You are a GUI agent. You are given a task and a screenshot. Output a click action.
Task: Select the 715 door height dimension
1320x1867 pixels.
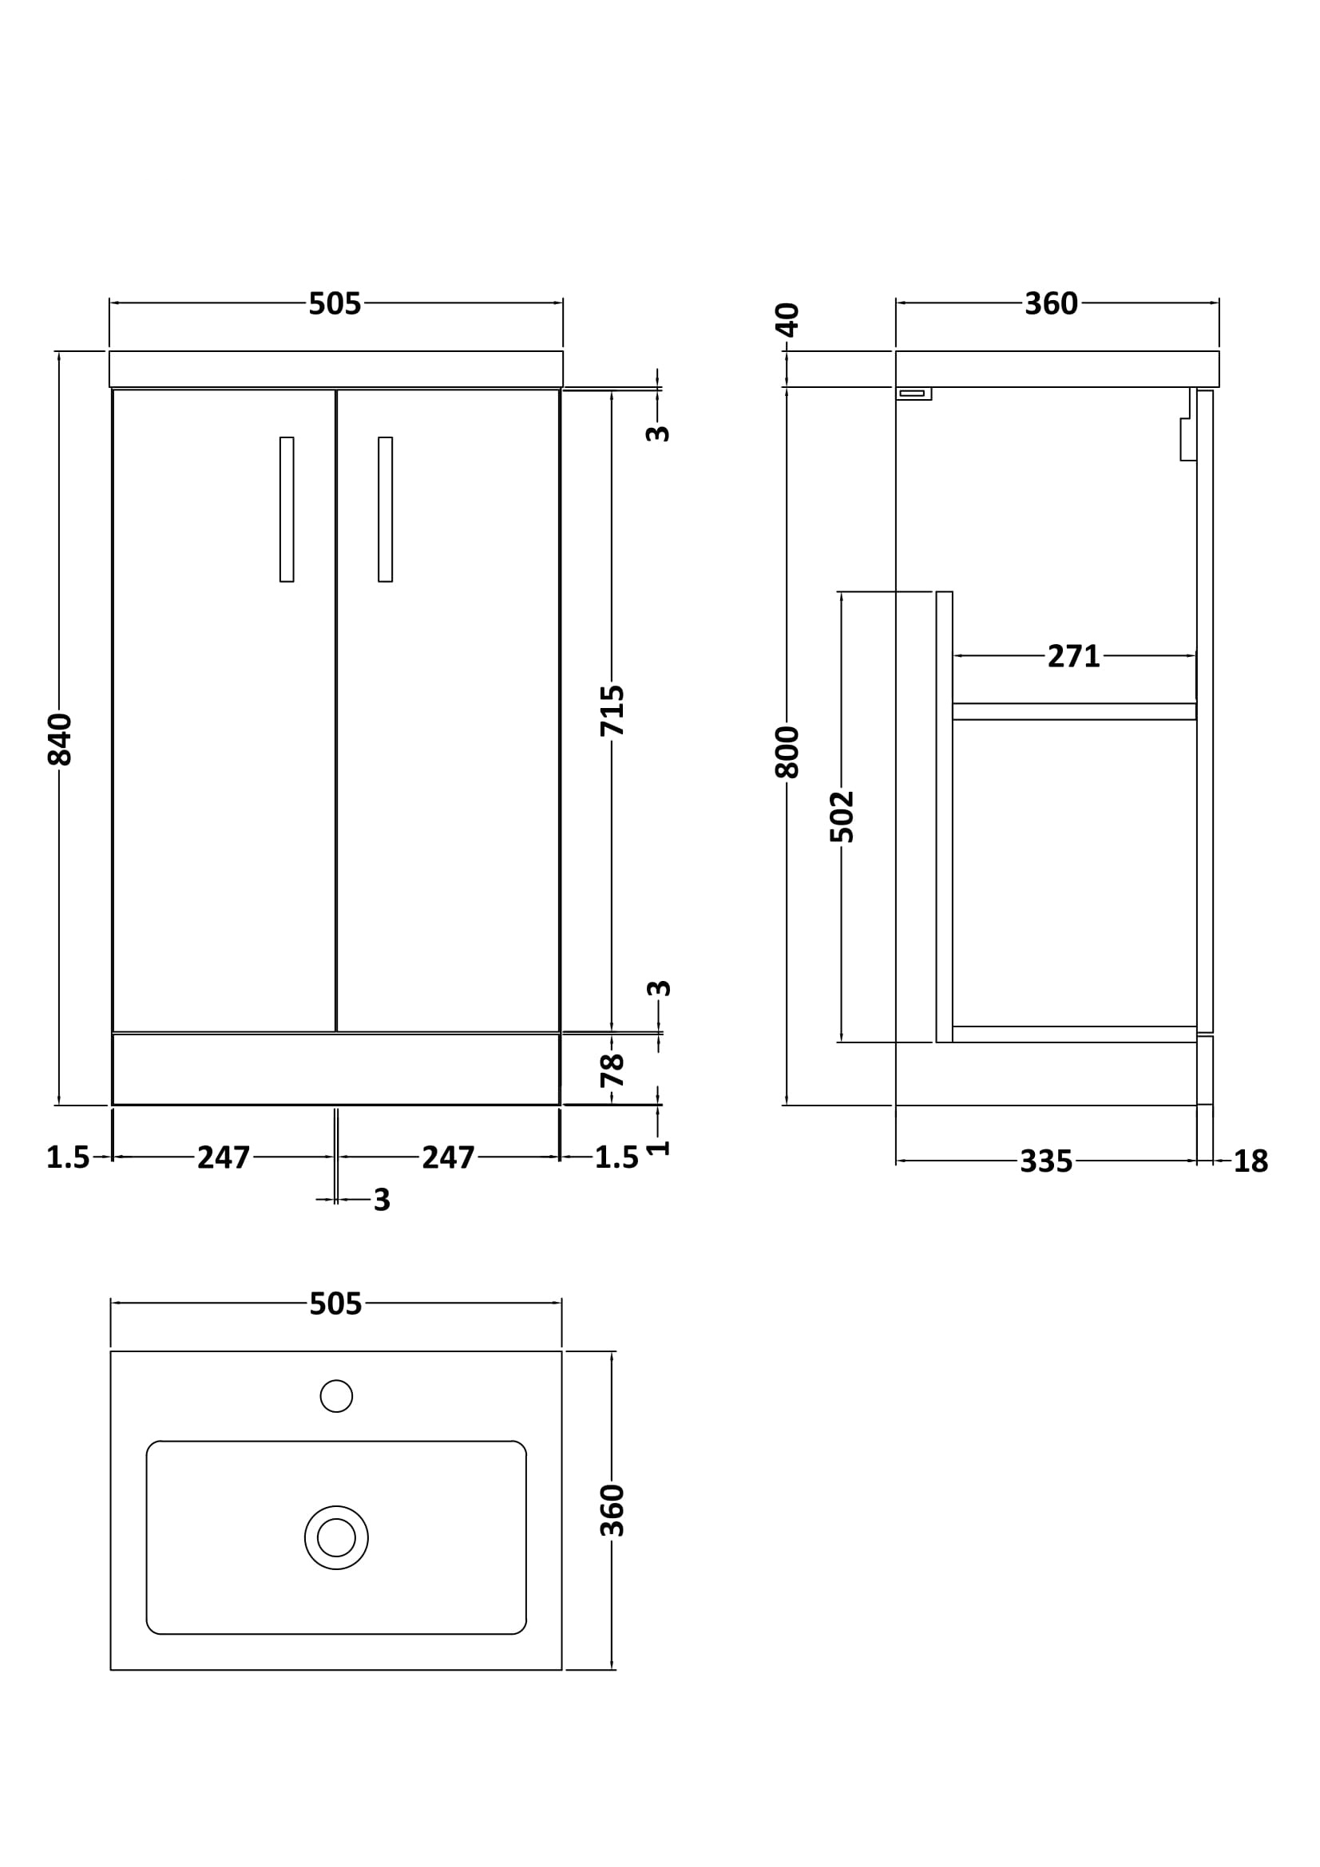point(612,710)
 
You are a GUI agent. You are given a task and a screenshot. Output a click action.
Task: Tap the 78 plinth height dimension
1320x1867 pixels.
point(612,1070)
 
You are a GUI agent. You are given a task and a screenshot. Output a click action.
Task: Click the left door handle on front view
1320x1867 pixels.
point(287,509)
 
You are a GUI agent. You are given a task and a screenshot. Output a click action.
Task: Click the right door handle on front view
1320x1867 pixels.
point(386,509)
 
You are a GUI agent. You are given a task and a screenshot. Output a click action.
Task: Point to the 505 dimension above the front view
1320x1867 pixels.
point(335,304)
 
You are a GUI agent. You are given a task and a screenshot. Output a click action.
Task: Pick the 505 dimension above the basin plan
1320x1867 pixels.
point(335,1304)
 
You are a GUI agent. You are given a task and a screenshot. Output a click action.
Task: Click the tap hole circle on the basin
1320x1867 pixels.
point(336,1396)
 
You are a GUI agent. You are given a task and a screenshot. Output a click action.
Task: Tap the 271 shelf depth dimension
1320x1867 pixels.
point(1072,656)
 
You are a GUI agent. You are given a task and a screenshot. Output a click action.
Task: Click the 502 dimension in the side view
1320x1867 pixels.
point(842,817)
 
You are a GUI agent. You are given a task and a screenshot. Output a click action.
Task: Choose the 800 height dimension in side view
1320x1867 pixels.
point(787,752)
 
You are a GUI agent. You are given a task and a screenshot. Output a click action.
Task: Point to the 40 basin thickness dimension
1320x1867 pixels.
point(788,318)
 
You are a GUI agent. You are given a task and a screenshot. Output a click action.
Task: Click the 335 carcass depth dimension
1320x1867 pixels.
point(1046,1162)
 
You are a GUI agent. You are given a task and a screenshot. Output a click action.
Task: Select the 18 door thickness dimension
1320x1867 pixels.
point(1250,1162)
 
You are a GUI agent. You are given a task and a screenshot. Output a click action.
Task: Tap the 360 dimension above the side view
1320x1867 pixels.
point(1051,304)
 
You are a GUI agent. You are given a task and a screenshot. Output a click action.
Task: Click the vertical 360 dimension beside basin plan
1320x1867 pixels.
point(612,1510)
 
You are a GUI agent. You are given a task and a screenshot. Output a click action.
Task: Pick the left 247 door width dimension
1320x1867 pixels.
point(224,1157)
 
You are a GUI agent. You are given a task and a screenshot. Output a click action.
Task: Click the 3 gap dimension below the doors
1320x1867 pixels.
point(382,1200)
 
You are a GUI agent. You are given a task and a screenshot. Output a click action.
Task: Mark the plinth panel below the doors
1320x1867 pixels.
point(335,1070)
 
